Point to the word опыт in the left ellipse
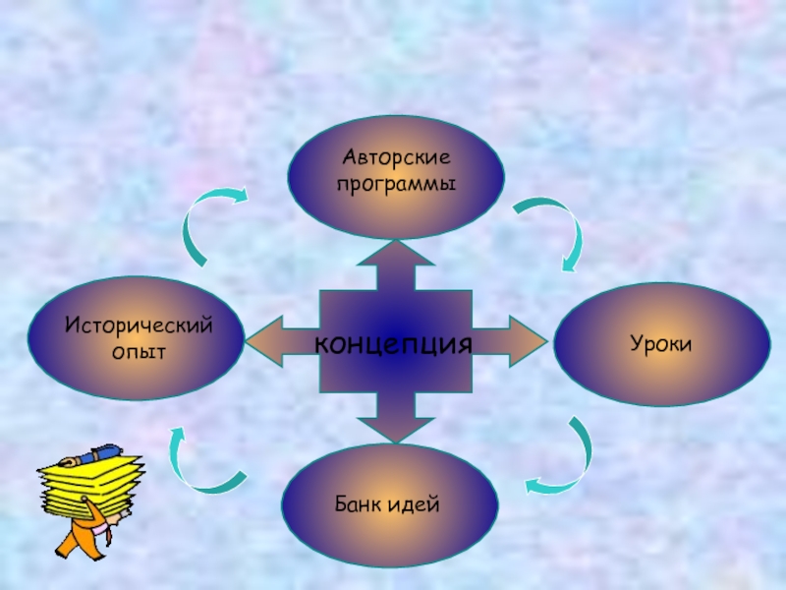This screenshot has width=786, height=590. [x=139, y=350]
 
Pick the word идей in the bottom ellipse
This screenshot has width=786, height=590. [x=417, y=504]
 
